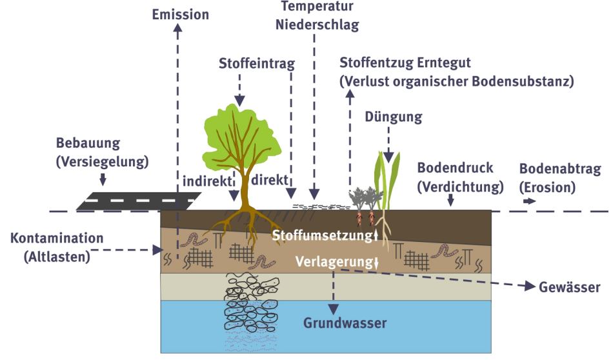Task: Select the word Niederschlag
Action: pos(316,25)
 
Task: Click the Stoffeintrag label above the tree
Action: pos(257,63)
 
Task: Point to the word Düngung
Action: pos(394,117)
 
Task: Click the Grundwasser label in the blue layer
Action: pos(345,323)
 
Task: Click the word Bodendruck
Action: pos(455,168)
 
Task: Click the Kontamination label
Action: pos(57,238)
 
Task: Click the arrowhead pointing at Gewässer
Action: pos(530,286)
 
